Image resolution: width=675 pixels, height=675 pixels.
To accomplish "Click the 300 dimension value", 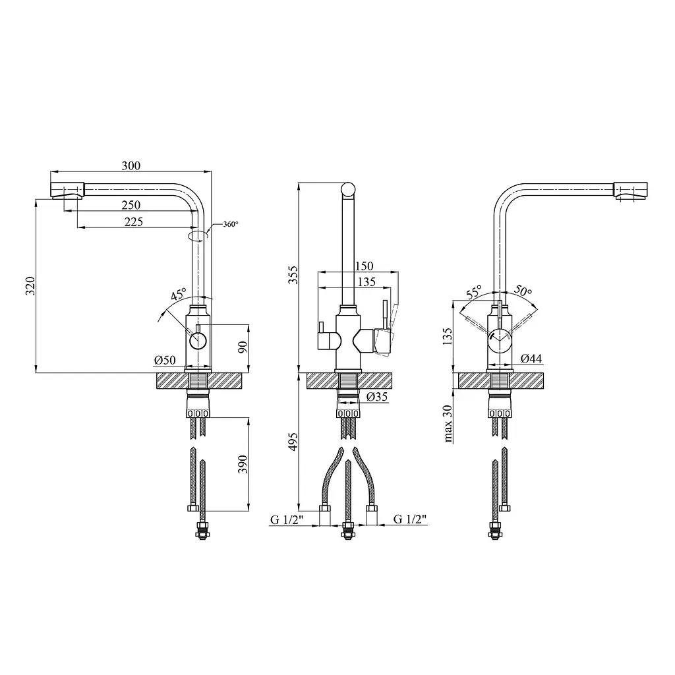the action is (x=131, y=165).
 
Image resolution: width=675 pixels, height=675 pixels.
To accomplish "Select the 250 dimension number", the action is (x=131, y=205).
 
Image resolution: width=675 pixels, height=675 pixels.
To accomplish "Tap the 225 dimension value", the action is (x=133, y=221).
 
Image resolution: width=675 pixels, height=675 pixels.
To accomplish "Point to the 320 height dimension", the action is (x=30, y=286).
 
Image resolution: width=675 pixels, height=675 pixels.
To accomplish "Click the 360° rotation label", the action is (x=231, y=224).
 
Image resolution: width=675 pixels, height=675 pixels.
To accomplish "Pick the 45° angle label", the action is (x=179, y=294).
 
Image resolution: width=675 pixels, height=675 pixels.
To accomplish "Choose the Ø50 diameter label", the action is (x=165, y=360).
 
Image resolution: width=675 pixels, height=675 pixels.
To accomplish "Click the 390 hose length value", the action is (x=243, y=464).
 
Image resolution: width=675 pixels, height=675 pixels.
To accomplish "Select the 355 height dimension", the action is (x=293, y=275).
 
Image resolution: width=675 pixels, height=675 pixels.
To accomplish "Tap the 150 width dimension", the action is (x=364, y=266).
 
